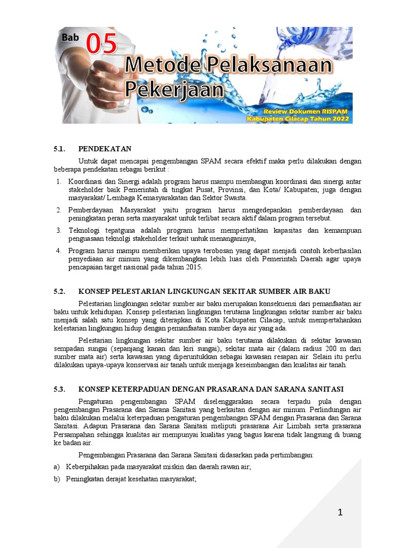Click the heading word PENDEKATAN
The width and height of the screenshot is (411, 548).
pyautogui.click(x=105, y=149)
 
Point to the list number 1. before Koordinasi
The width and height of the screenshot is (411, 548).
pyautogui.click(x=58, y=182)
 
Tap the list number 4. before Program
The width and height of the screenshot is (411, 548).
pyautogui.click(x=58, y=250)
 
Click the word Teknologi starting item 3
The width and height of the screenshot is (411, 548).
pyautogui.click(x=85, y=230)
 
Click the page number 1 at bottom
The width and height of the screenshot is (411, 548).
pyautogui.click(x=340, y=513)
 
